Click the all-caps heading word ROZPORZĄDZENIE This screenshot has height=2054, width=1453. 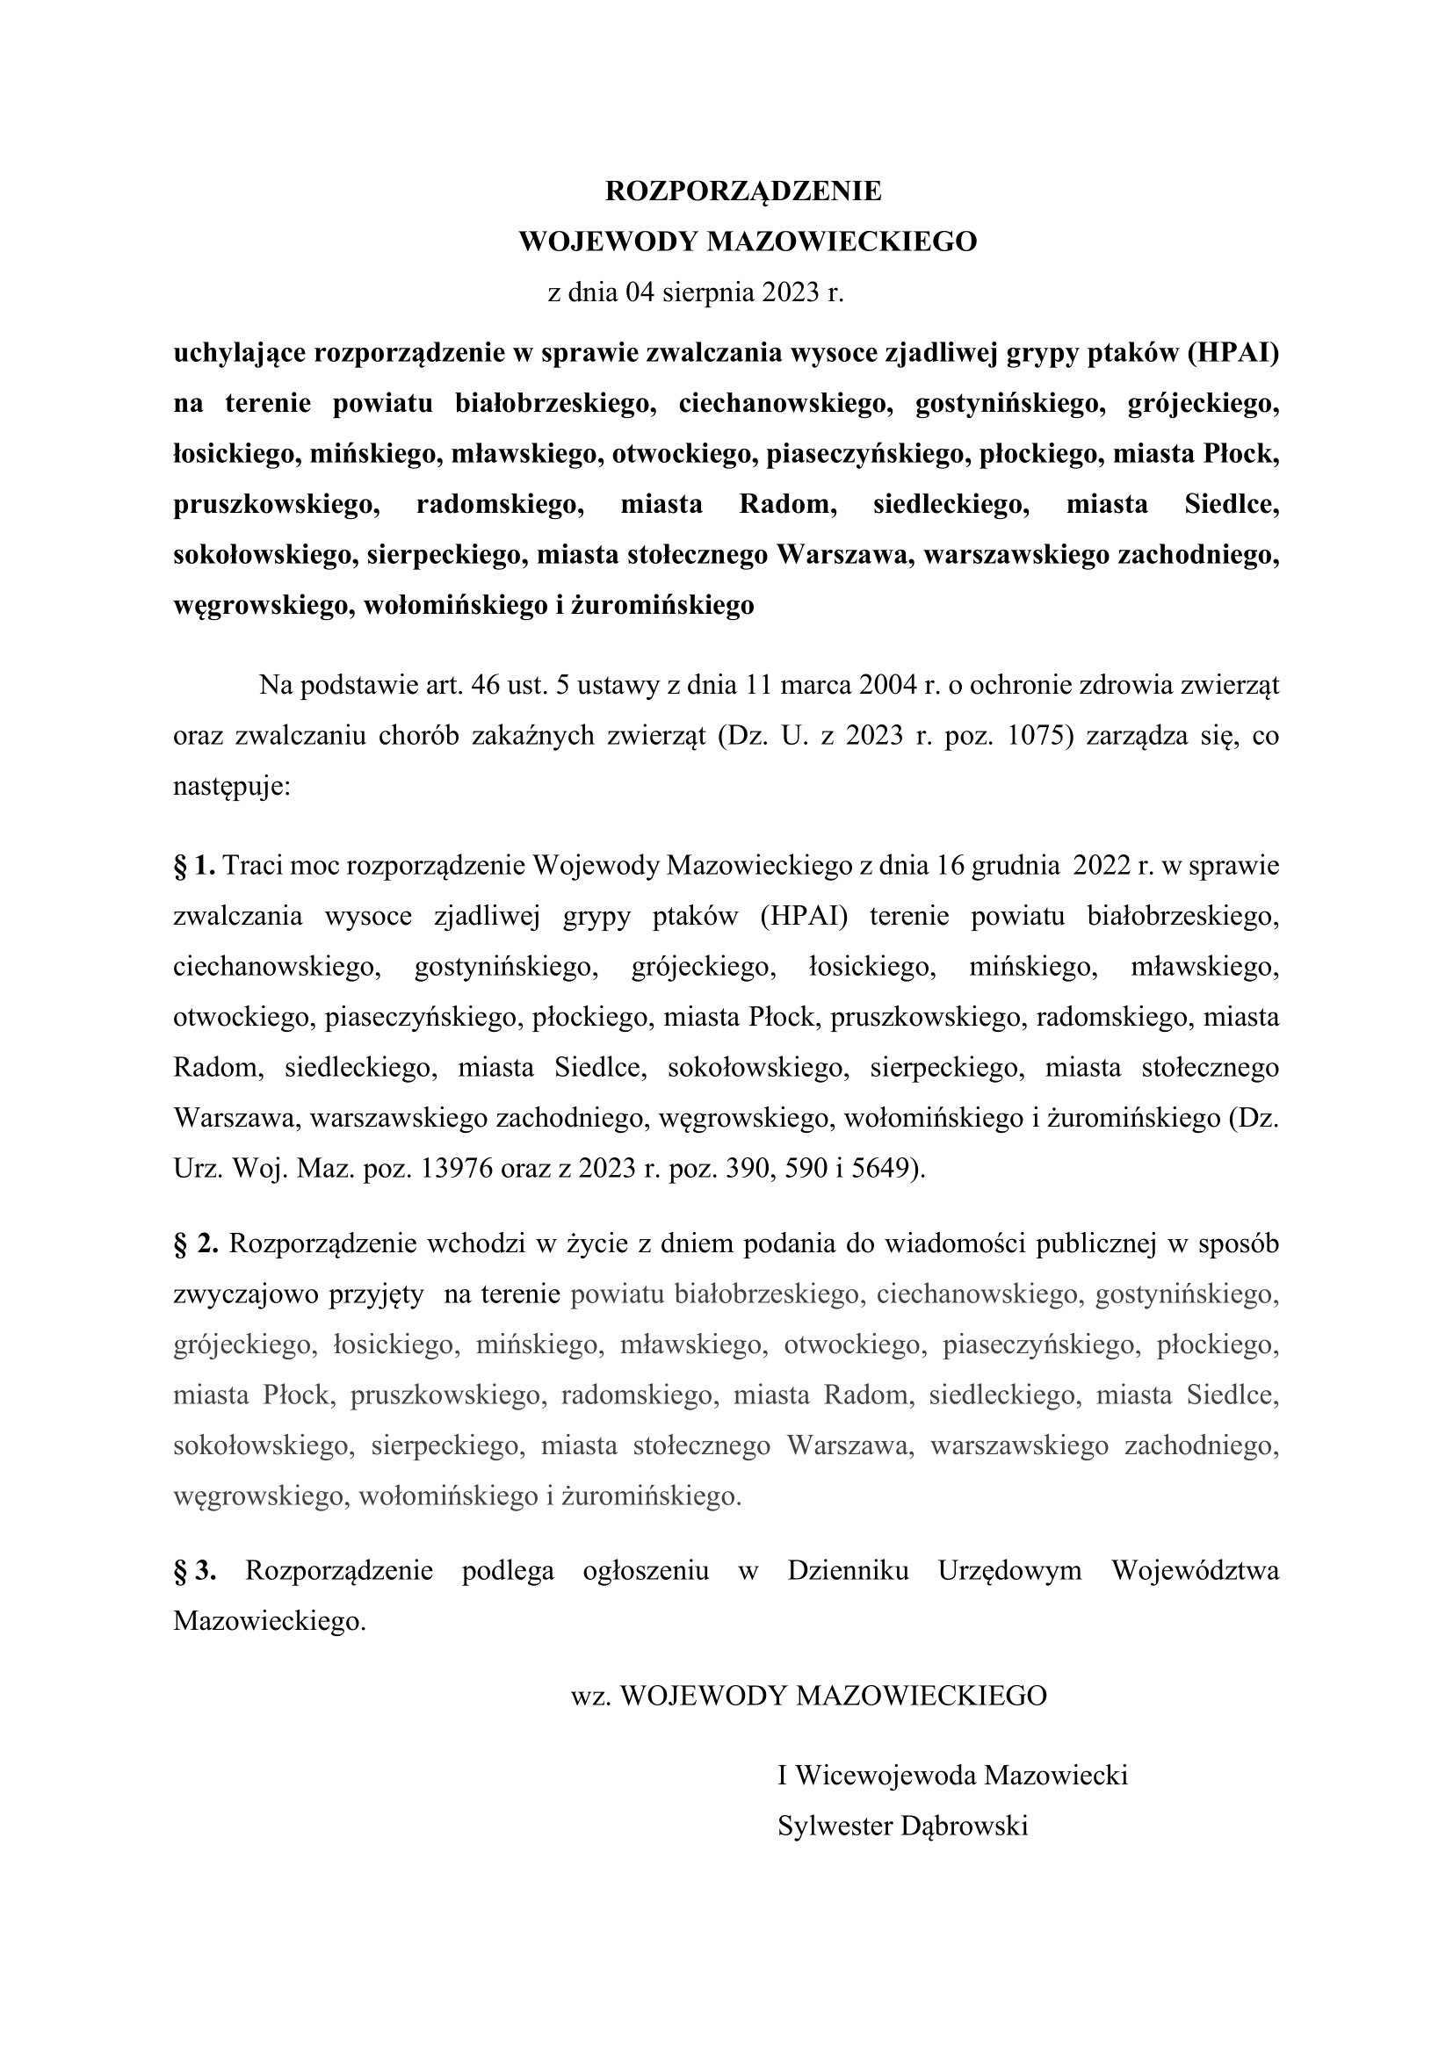tap(742, 191)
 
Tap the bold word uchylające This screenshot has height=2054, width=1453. tap(239, 353)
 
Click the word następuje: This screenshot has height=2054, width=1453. tap(232, 787)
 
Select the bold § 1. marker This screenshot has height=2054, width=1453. tap(194, 866)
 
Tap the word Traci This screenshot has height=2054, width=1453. tap(252, 866)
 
